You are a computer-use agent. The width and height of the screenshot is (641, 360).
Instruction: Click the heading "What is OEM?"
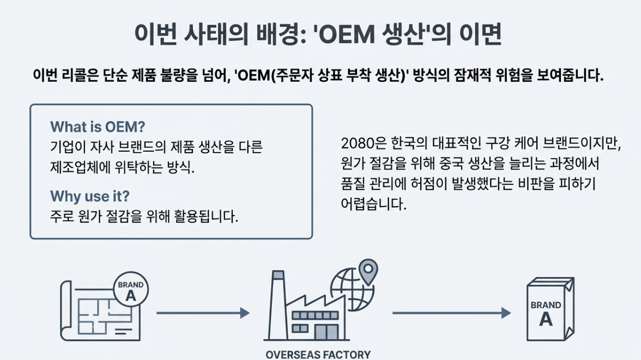pos(98,127)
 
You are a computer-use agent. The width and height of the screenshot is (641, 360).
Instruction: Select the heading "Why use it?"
pos(90,196)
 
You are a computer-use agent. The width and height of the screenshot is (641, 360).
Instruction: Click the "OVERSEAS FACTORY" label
pos(318,355)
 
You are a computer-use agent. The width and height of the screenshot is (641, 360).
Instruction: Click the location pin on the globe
pos(369,271)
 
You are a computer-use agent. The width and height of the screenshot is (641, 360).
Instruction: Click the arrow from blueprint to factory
pos(203,313)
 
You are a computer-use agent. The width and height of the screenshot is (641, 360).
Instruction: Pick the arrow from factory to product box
pos(451,313)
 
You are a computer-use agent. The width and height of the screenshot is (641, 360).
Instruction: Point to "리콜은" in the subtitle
pos(78,75)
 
